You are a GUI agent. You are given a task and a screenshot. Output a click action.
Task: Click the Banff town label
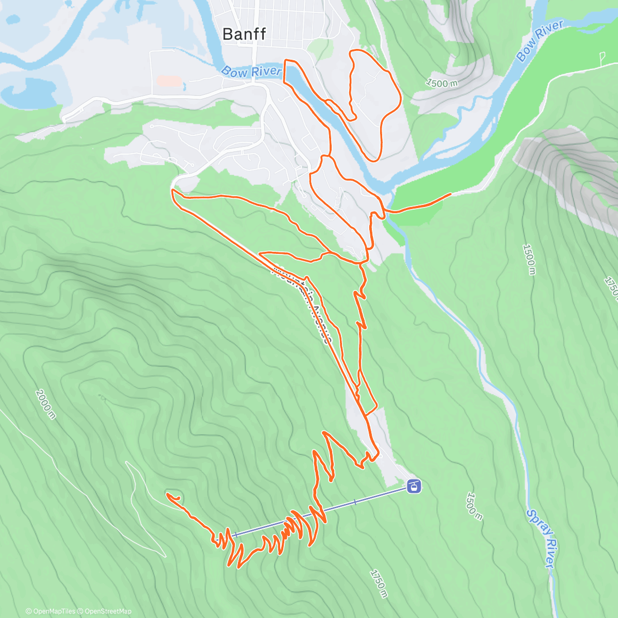tap(244, 34)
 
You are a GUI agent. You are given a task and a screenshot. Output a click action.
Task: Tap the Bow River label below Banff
tap(252, 72)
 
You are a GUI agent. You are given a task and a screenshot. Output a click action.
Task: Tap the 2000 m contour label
tap(45, 404)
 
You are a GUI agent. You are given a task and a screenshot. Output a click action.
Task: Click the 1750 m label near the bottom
tap(378, 583)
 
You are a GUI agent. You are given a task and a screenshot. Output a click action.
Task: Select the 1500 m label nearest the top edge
tap(441, 83)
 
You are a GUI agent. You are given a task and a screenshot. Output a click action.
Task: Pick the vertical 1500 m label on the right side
tap(529, 259)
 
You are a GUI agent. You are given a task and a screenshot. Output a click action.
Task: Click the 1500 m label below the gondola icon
tap(473, 506)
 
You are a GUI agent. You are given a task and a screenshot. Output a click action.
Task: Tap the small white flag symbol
tap(602, 57)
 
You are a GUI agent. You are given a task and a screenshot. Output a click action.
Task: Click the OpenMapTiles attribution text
tap(50, 611)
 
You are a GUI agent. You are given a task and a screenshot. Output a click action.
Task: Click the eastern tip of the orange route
tap(451, 194)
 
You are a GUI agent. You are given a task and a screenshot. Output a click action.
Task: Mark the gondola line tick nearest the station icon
tap(355, 502)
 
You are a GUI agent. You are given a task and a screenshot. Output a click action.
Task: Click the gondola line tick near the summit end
tap(235, 535)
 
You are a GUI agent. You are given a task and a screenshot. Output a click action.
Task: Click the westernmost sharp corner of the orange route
tap(173, 191)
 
